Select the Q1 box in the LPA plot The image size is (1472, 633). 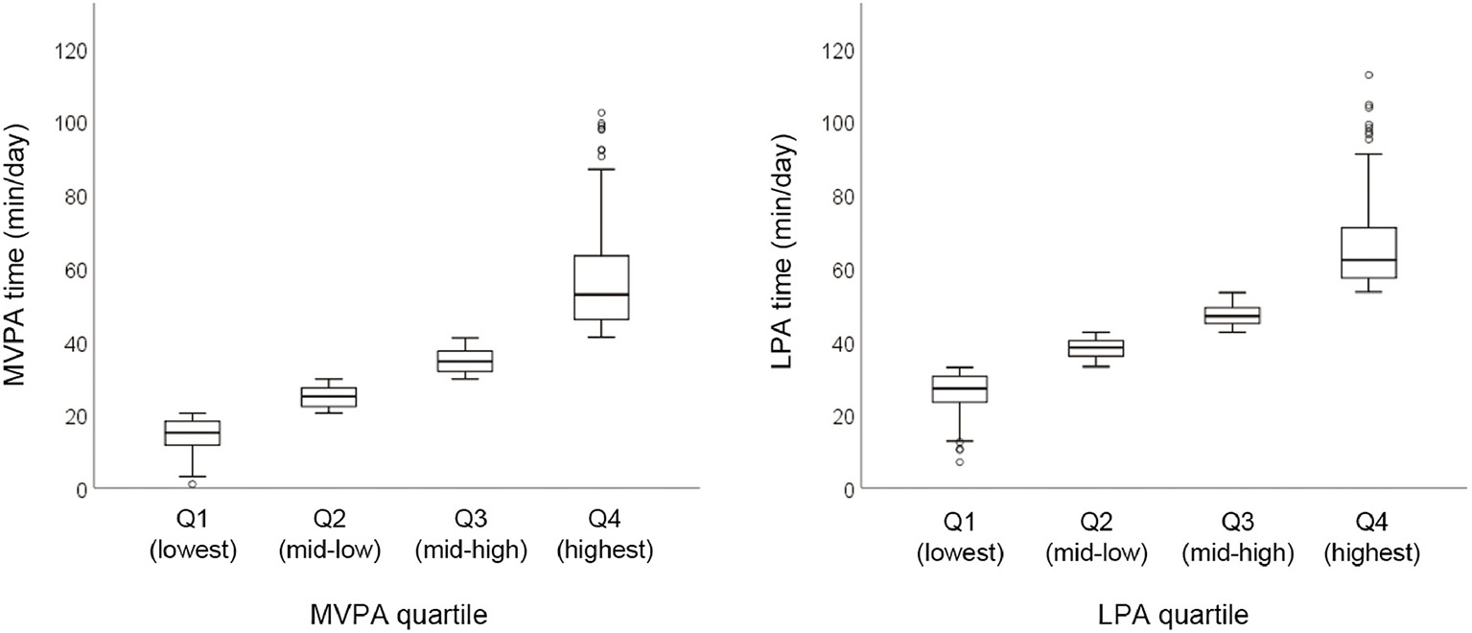point(959,388)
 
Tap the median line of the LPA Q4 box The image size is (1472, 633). point(1368,260)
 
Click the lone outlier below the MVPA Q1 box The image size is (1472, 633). point(193,484)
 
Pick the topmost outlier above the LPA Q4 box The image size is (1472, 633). point(1368,75)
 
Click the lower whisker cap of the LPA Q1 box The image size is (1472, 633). point(959,441)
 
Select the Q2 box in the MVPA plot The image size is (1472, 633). point(329,397)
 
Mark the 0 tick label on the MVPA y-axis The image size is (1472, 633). point(83,490)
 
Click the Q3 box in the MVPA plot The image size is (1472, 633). point(464,361)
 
